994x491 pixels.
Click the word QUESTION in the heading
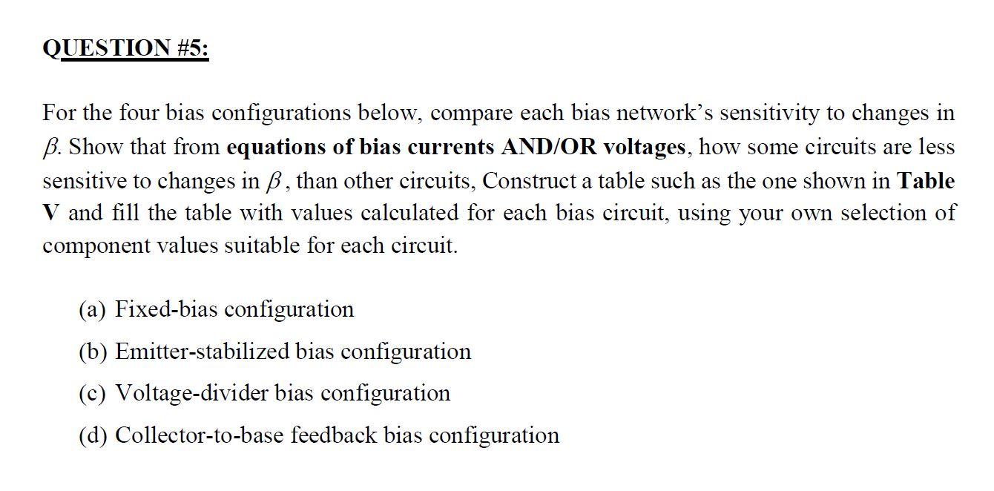coord(106,48)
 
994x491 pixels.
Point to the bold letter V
coord(50,214)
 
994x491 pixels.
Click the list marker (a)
coord(93,309)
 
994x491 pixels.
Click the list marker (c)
coord(93,392)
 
